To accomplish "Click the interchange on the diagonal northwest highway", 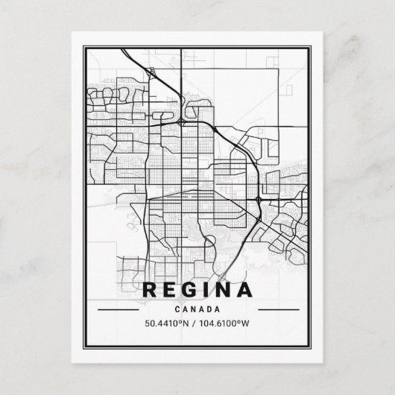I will click(152, 72).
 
